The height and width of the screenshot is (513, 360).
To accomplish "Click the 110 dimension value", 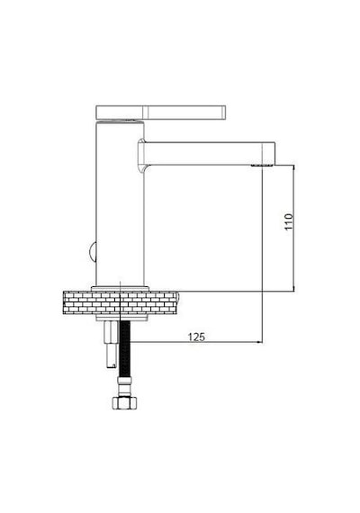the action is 289,221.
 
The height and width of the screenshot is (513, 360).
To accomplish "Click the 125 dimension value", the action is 196,337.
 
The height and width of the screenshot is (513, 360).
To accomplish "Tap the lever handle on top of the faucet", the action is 161,112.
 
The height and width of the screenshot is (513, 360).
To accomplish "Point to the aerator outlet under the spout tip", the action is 262,166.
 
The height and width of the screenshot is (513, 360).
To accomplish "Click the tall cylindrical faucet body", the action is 120,203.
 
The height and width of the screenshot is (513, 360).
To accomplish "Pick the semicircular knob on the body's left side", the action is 93,252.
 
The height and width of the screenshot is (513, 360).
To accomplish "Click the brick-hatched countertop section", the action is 120,302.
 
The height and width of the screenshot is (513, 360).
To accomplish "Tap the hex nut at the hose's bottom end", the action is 124,402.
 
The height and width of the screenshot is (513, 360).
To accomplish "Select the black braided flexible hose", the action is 125,349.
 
